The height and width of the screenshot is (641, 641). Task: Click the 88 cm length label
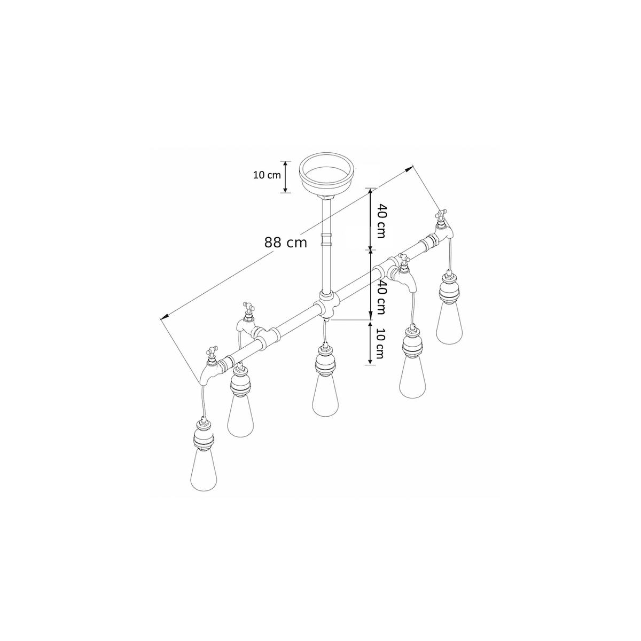pos(285,243)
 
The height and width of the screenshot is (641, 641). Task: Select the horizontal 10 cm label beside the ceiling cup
pos(267,175)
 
